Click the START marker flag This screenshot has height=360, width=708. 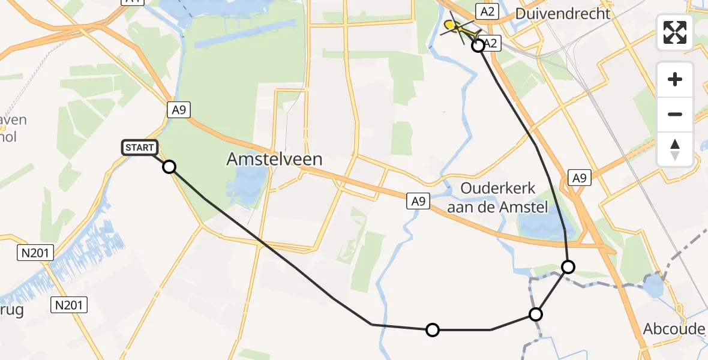140,147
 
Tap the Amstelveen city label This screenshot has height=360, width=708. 275,159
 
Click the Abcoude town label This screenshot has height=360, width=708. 673,329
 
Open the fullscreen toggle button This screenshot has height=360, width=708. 675,32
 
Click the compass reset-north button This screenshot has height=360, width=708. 675,149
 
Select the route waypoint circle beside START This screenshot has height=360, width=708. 169,167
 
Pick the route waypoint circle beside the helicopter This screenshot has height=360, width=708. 478,46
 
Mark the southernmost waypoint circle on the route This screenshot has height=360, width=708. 432,329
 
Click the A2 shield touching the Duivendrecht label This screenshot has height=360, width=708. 485,11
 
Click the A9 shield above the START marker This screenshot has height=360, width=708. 178,109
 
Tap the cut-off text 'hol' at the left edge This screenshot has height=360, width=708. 8,137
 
